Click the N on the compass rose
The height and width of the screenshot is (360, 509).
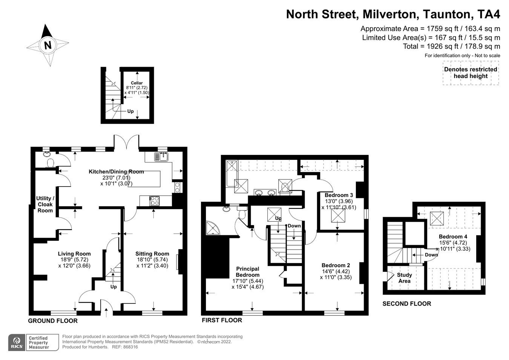tap(48, 45)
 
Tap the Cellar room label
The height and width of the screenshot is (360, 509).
tap(137, 83)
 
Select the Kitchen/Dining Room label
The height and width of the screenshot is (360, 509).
tap(116, 172)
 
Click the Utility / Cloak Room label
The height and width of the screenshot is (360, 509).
tap(45, 204)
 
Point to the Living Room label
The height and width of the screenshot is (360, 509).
tap(74, 254)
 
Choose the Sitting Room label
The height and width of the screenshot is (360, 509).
tap(152, 254)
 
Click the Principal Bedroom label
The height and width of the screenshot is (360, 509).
tap(248, 272)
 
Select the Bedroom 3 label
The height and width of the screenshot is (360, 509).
tap(339, 195)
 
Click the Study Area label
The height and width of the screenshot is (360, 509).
tap(404, 278)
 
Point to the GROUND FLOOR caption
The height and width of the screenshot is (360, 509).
tap(53, 321)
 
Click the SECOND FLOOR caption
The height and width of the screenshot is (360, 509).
tap(406, 303)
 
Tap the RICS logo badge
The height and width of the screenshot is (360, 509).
tap(17, 343)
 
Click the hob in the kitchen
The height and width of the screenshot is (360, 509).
tap(155, 201)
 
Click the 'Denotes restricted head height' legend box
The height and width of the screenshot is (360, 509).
tap(471, 73)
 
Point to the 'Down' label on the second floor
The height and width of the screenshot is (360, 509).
tap(431, 255)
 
